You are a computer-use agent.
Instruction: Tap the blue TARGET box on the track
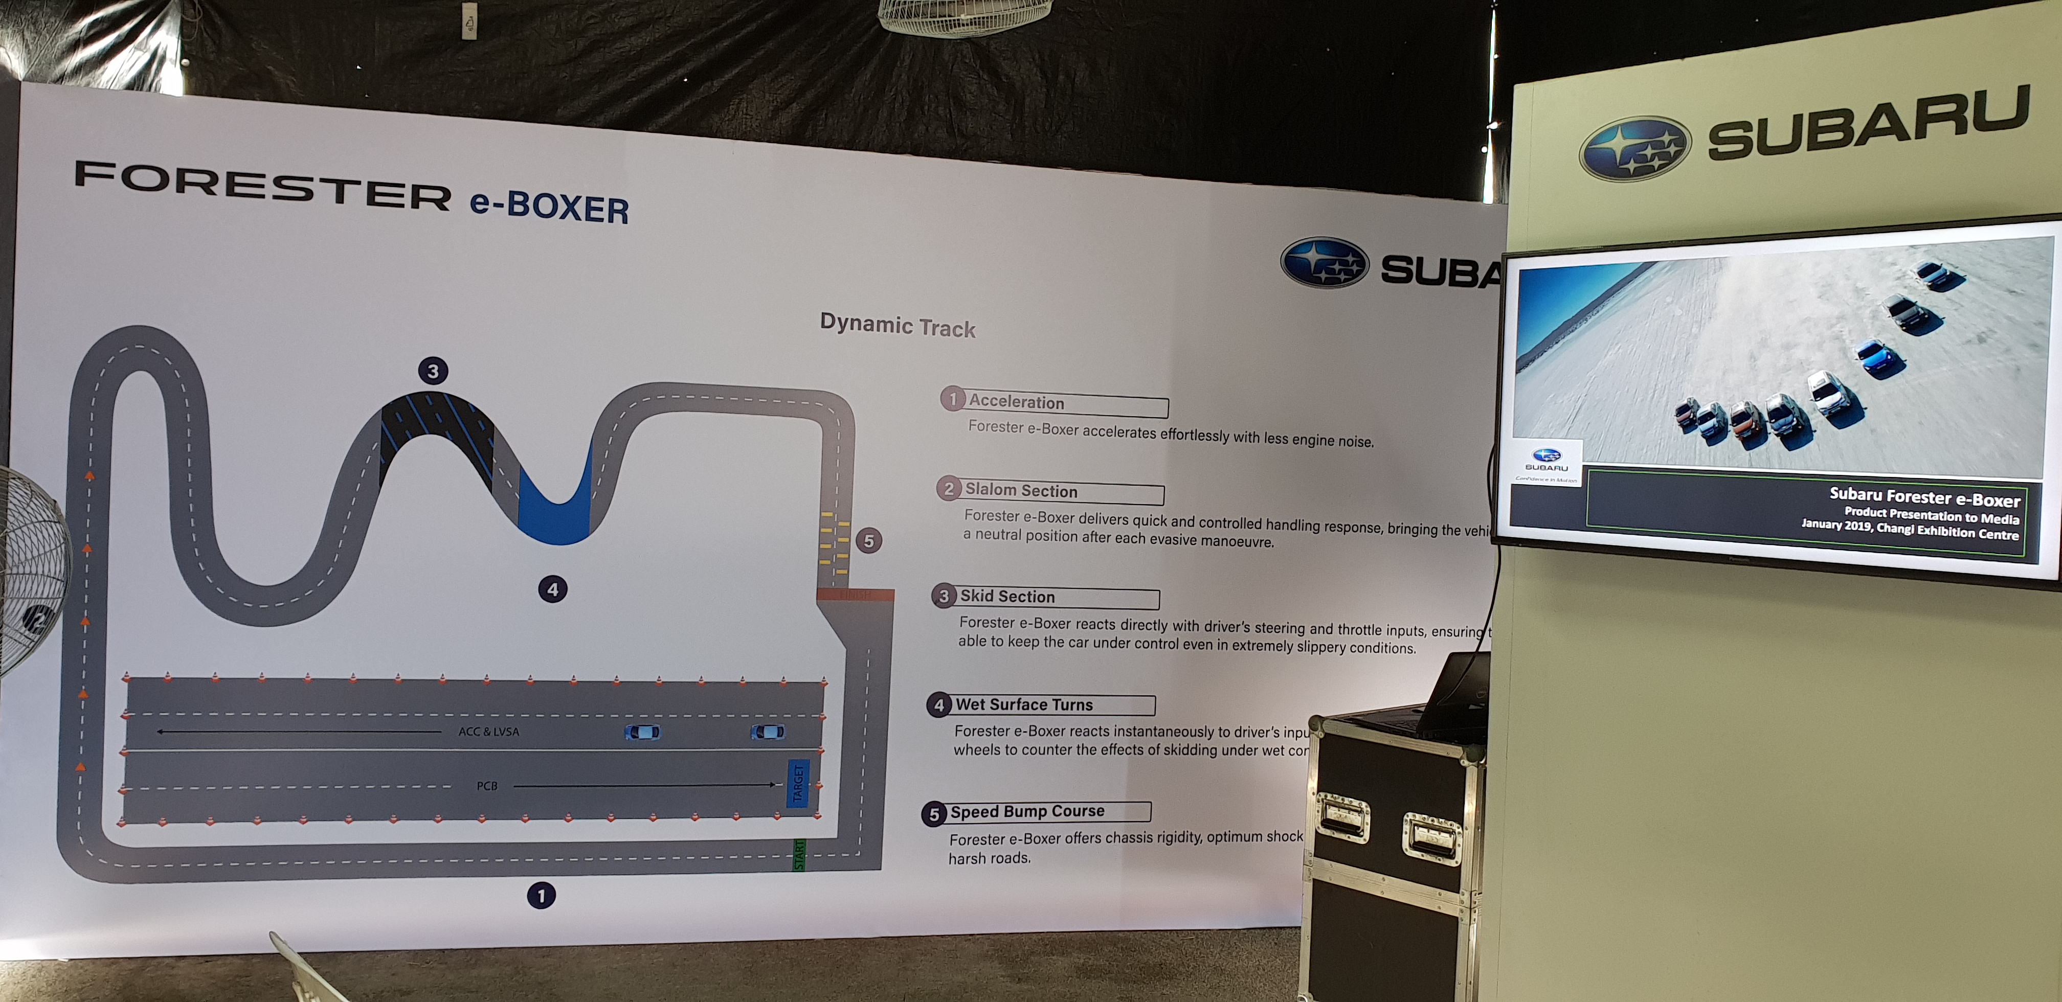(x=798, y=783)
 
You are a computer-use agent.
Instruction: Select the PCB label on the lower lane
(x=487, y=786)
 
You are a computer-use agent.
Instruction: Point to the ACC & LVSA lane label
(x=488, y=732)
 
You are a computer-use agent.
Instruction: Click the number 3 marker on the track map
(x=433, y=371)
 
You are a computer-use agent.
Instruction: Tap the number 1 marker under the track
(x=541, y=896)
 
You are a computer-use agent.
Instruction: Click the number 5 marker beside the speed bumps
(x=868, y=541)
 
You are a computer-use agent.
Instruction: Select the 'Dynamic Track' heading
(x=898, y=325)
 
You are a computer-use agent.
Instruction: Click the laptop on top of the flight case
(x=1453, y=696)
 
